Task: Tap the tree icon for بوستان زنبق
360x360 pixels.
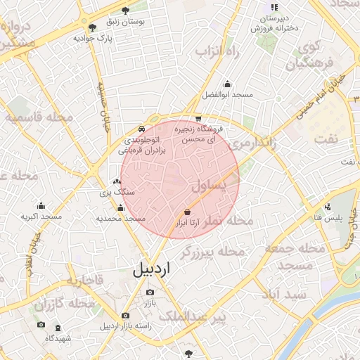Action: [x=125, y=11]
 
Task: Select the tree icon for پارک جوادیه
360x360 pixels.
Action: [x=93, y=27]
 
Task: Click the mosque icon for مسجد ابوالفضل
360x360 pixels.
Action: [x=226, y=83]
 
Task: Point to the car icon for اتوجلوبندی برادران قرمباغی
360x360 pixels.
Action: [x=141, y=129]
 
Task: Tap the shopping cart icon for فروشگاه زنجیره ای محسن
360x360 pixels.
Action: [x=199, y=119]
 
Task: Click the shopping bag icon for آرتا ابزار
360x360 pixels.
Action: [x=187, y=212]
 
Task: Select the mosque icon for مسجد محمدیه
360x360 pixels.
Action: [x=120, y=207]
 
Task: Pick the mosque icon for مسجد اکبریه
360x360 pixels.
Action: [x=41, y=205]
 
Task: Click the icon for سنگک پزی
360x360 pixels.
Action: [x=117, y=181]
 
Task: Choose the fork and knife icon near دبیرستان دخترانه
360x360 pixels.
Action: [x=275, y=7]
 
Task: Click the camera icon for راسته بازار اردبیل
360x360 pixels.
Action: [x=125, y=315]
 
